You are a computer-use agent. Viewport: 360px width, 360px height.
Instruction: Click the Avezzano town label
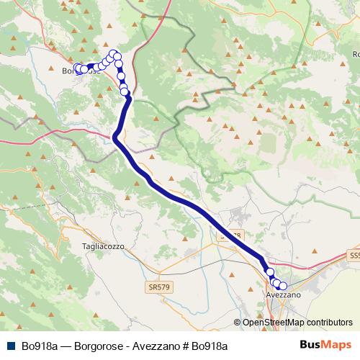(283, 295)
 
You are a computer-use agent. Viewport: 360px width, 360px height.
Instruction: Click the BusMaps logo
(325, 345)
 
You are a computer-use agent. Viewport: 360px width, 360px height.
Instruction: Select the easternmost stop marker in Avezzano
(283, 287)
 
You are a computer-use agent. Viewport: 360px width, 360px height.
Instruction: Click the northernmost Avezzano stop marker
(271, 272)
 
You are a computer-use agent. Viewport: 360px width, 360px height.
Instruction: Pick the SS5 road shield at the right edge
(354, 256)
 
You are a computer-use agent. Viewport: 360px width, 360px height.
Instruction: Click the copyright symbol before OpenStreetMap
(238, 323)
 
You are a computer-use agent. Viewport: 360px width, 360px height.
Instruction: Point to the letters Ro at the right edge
(356, 55)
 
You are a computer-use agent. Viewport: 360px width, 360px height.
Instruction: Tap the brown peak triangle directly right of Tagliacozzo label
(133, 246)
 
